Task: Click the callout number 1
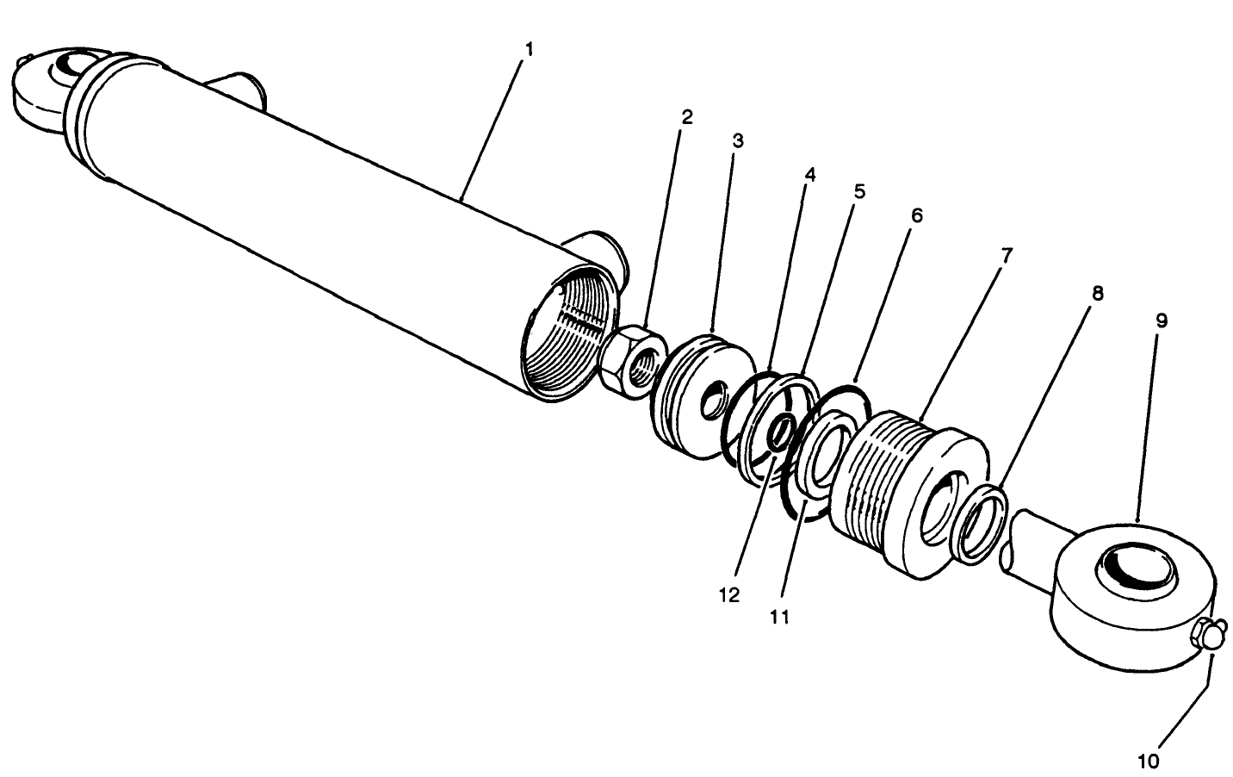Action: (x=529, y=49)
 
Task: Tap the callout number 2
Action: (x=686, y=116)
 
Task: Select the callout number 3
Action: (x=738, y=140)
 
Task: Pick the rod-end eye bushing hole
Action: (x=1133, y=570)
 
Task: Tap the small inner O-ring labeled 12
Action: (x=780, y=431)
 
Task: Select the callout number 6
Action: (x=916, y=215)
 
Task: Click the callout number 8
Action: (x=1097, y=292)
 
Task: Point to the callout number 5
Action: (x=859, y=191)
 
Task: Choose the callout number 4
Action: (x=809, y=174)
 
